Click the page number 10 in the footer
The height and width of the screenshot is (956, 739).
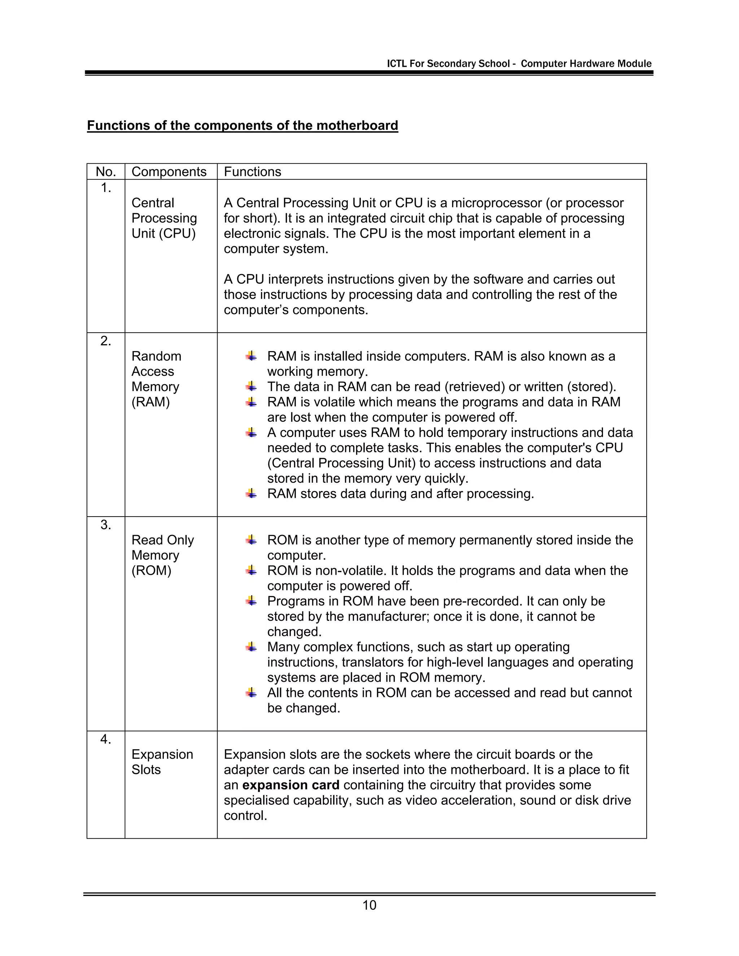tap(369, 905)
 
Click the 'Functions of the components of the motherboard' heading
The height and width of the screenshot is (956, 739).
tap(242, 126)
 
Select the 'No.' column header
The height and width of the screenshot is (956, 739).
tap(105, 172)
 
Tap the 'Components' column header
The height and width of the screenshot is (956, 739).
tap(169, 172)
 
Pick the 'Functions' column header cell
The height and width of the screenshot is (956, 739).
tap(252, 172)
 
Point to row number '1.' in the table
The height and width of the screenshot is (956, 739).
tap(105, 188)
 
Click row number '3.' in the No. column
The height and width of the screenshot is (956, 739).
tap(105, 525)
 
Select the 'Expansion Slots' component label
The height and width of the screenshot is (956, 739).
tap(162, 762)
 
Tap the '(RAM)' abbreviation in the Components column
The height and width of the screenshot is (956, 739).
tap(150, 402)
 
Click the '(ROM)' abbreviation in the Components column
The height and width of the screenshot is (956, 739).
tap(151, 570)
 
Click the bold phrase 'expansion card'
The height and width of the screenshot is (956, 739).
tap(291, 785)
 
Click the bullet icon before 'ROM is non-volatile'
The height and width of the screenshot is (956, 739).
tap(251, 570)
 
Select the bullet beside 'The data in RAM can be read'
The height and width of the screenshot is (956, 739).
tap(251, 386)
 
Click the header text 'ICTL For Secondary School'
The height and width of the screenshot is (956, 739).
tap(448, 63)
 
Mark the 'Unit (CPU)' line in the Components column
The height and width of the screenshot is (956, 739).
tap(163, 233)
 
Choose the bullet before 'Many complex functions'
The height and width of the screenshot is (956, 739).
tap(251, 647)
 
